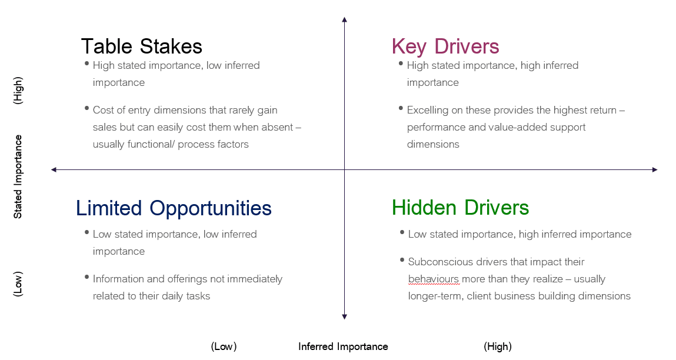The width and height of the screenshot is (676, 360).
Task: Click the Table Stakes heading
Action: (x=141, y=46)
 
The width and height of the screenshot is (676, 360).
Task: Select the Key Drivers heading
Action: (x=445, y=46)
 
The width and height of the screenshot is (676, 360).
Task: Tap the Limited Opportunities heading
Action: (x=174, y=208)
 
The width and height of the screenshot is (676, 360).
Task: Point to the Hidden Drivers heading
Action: (x=460, y=208)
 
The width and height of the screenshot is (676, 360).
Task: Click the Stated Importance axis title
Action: (x=18, y=176)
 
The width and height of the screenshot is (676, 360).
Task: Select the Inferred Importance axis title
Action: (x=343, y=346)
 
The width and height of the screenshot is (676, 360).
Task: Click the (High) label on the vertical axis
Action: (x=18, y=91)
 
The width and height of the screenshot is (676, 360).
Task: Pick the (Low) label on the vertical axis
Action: (x=18, y=284)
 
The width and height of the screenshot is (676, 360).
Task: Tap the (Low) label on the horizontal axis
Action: (x=224, y=346)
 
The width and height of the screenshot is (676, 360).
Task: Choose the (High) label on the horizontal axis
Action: (x=498, y=346)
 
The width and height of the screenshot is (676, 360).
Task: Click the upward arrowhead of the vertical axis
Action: (x=344, y=20)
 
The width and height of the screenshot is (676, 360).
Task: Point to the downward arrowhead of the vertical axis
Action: (x=344, y=317)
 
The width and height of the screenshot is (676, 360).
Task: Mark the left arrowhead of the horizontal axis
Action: (x=54, y=169)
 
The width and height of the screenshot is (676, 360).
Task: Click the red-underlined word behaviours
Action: (x=434, y=279)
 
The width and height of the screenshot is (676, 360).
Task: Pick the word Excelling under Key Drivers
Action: (x=428, y=109)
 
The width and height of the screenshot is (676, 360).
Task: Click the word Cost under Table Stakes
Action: (x=103, y=109)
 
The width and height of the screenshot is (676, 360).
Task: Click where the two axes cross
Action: (x=344, y=169)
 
